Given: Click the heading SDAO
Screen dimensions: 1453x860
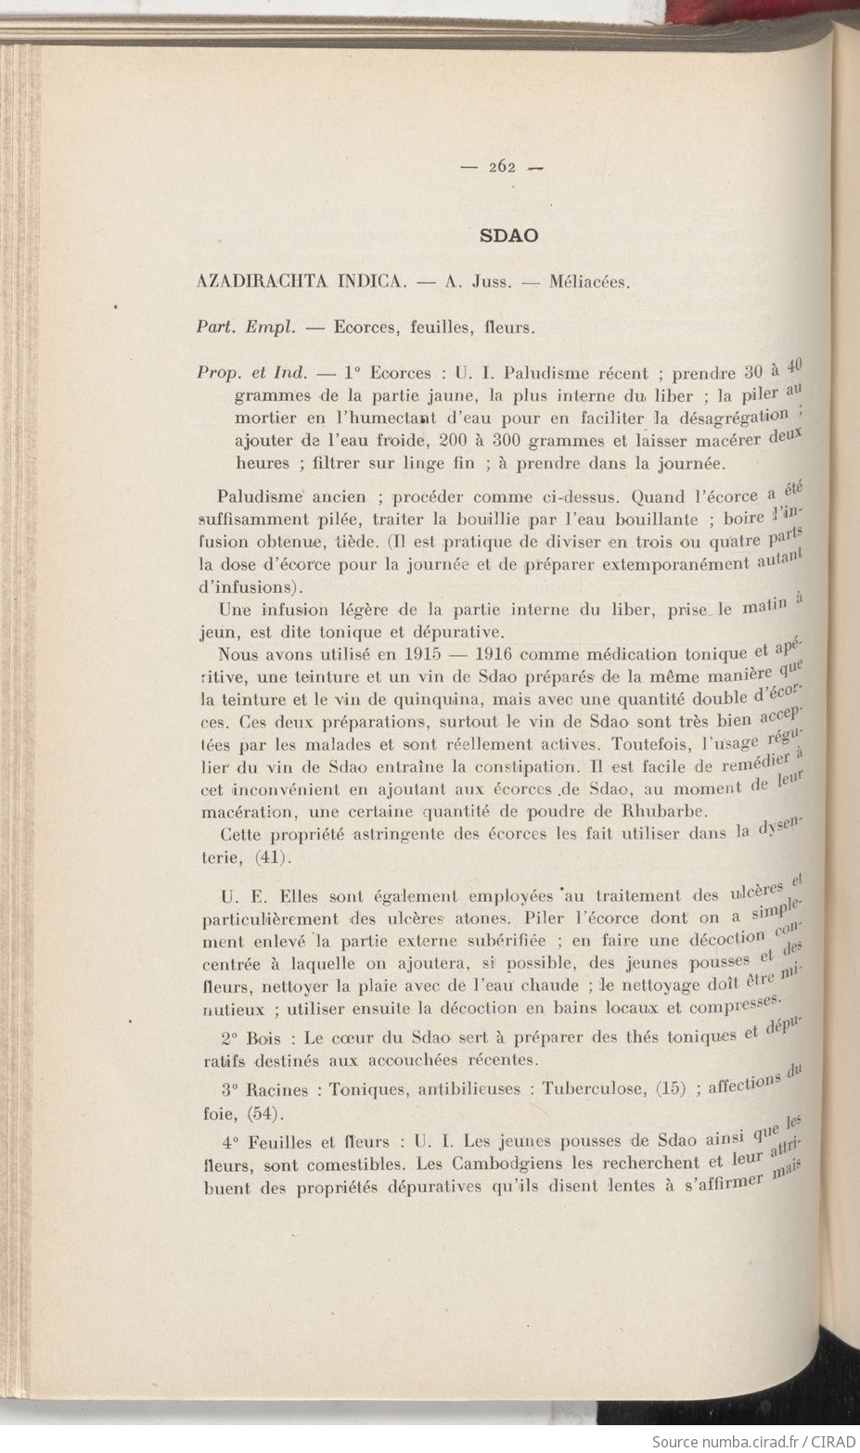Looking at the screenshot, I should [509, 235].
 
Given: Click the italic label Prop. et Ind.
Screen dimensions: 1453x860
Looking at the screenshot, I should [251, 373].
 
